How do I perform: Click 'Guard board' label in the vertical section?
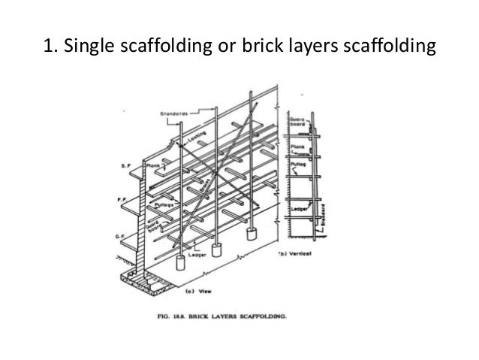coord(297,123)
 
